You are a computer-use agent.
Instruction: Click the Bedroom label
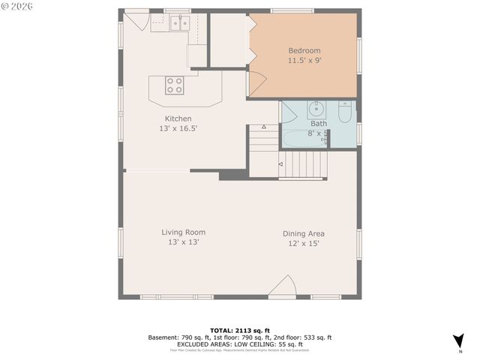coord(304,51)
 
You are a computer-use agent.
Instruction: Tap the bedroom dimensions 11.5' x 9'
coord(304,61)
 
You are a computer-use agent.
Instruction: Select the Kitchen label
coord(178,118)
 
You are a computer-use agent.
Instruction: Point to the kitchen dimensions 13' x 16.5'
coord(178,129)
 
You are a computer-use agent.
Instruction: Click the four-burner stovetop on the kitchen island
coord(174,86)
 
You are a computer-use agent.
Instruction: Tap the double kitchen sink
coord(180,24)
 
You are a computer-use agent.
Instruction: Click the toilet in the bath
coord(344,112)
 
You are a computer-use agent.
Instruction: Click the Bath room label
coord(319,124)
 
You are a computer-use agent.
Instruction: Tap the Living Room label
coord(183,232)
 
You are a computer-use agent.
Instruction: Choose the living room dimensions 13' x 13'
coord(183,242)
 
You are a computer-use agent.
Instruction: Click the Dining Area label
coord(304,233)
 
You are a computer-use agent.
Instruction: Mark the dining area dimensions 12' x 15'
coord(304,244)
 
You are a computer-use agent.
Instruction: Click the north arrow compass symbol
coord(457,340)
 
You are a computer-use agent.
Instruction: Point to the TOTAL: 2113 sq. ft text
coord(238,330)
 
